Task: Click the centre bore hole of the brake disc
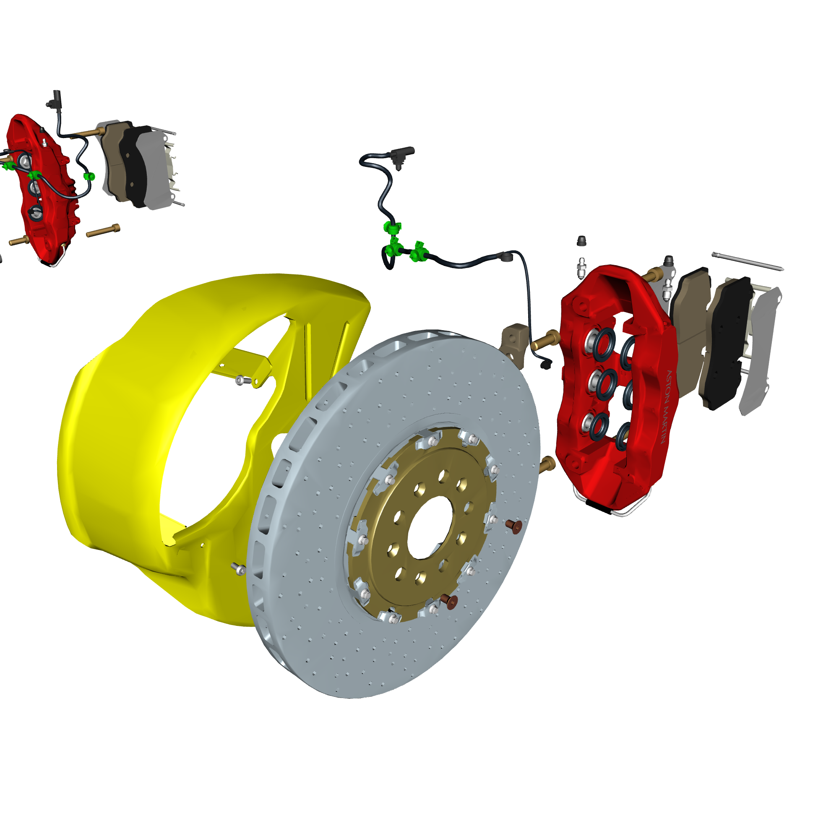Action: [430, 527]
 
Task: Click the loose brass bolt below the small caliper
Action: [103, 230]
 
